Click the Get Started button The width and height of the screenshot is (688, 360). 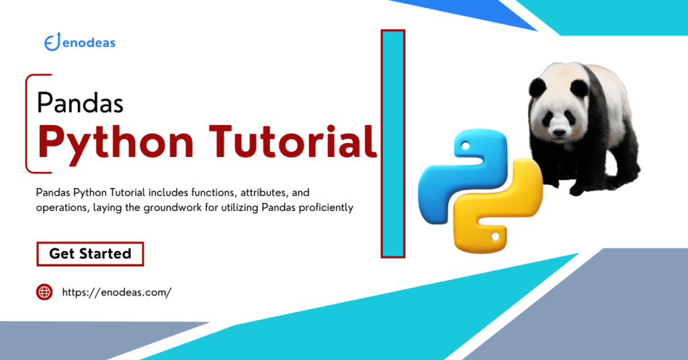click(90, 254)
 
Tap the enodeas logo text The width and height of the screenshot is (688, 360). click(88, 43)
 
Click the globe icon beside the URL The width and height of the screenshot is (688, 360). click(44, 292)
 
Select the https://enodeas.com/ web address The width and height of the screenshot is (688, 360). click(116, 292)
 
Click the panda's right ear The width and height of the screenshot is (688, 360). click(536, 86)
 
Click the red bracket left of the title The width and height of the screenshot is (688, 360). click(28, 124)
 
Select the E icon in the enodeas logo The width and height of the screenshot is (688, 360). click(50, 43)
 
